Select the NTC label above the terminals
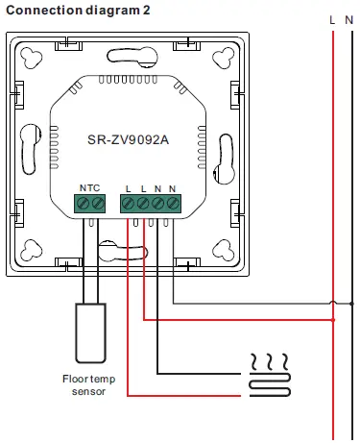88,187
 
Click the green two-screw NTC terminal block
89,204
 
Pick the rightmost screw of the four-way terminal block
173,204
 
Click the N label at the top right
348,18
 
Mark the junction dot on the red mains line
332,320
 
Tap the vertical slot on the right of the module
224,152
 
